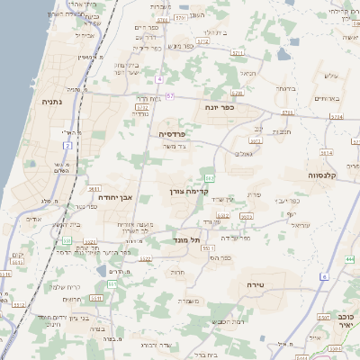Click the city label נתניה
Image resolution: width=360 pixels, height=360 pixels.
point(50,102)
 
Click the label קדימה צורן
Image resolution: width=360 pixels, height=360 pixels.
point(188,192)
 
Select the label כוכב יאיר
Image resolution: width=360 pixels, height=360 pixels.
point(346,322)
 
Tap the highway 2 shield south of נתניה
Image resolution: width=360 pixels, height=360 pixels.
point(67,145)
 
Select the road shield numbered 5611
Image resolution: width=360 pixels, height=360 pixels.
point(94,189)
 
